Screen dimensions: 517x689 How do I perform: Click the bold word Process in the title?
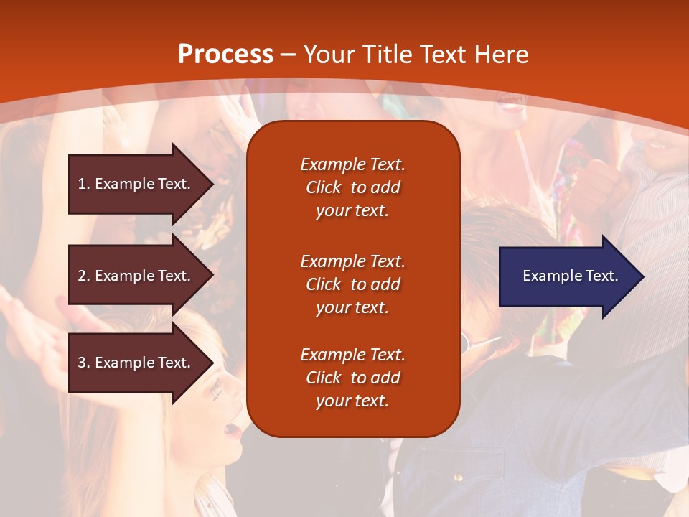(x=225, y=55)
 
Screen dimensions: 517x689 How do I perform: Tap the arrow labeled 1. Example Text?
(x=136, y=184)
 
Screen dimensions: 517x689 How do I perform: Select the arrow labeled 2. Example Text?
(x=136, y=276)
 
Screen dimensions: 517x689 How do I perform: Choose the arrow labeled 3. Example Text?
(x=136, y=363)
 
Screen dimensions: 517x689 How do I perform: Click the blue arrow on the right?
(x=567, y=276)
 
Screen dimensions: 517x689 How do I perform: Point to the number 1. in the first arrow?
(x=84, y=184)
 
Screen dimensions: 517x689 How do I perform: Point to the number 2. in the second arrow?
(x=84, y=276)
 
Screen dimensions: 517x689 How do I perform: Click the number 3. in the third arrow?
(x=84, y=363)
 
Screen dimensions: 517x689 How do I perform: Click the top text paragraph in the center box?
(x=352, y=187)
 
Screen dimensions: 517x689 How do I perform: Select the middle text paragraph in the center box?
(x=352, y=284)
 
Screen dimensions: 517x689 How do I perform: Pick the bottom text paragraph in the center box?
(x=352, y=378)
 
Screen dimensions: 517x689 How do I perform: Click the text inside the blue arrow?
(x=570, y=276)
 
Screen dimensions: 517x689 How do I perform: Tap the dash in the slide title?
(x=288, y=55)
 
